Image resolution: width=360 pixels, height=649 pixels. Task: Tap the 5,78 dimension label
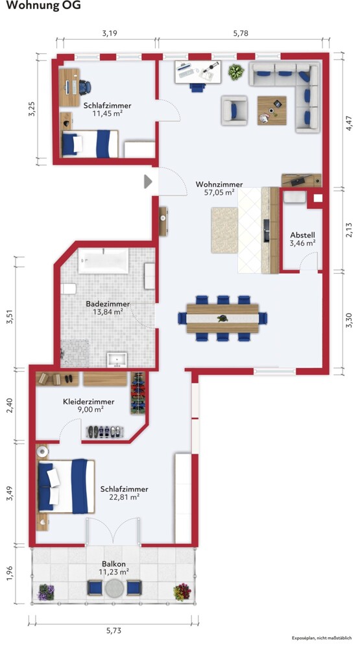point(241,34)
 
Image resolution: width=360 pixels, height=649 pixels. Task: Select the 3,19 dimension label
point(110,34)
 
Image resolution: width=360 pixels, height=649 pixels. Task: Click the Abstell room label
point(302,235)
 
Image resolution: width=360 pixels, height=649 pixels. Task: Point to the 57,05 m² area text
point(219,192)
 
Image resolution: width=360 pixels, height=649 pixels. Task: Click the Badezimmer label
point(108,304)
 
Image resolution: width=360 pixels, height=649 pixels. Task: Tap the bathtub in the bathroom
point(103,261)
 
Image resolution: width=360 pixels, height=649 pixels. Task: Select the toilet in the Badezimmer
point(68,289)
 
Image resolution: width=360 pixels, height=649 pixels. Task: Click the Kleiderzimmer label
point(89,402)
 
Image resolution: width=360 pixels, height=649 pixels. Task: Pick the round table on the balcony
point(114,587)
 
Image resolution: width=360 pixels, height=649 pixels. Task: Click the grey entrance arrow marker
point(148,181)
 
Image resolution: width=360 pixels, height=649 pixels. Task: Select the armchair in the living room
point(234,110)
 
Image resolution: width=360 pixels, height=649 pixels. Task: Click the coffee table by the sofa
point(271,110)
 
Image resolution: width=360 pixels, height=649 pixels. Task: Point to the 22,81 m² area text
point(124,497)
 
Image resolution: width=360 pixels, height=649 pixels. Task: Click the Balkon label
point(114,564)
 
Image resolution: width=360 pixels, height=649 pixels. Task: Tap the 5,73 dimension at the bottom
point(114,631)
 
